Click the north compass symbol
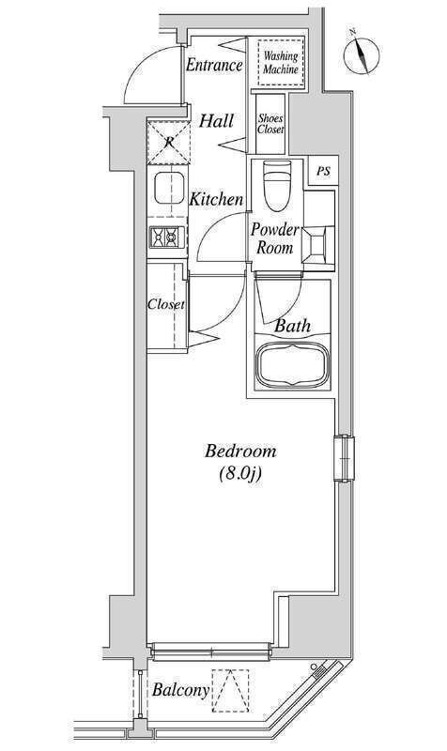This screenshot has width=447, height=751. coord(362,53)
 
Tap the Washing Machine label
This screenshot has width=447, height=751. coord(281,63)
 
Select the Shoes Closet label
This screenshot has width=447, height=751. coord(270,124)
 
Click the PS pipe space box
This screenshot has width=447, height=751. coord(323,171)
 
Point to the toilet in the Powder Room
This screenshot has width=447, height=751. coord(277,185)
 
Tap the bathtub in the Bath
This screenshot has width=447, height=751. coord(292,365)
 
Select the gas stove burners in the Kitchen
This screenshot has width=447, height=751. coord(167,238)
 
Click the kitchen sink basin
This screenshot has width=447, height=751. coord(169,187)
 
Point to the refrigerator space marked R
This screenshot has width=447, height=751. coord(169,143)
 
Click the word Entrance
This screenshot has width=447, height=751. coord(214,65)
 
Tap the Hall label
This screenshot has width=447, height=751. coord(217,121)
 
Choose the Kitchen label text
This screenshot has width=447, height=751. coord(216,199)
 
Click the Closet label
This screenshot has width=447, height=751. coord(166,304)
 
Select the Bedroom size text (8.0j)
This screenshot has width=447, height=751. coord(240,474)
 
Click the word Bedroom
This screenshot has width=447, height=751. coord(240,452)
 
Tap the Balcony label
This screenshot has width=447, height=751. coord(180,690)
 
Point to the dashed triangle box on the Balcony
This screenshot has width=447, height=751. coord(230,690)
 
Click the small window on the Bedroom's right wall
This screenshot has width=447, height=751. coord(345,457)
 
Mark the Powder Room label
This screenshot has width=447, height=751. coord(274,238)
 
